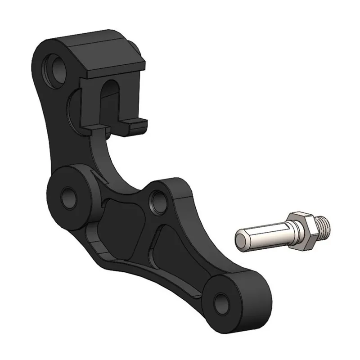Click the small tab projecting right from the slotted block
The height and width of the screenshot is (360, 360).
tap(137, 122)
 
